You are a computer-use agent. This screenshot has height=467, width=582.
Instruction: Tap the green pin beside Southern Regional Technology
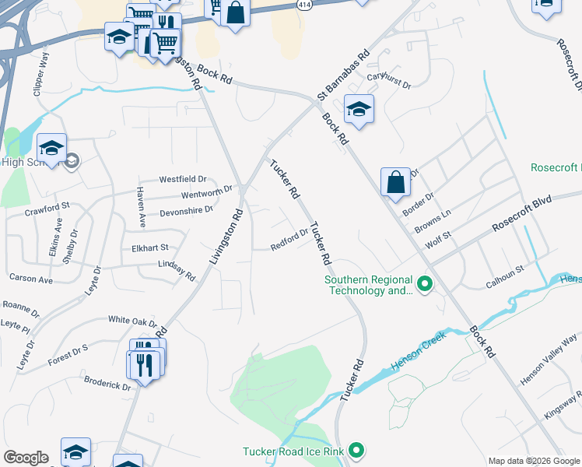425,285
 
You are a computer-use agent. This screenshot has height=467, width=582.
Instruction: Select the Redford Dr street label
289,240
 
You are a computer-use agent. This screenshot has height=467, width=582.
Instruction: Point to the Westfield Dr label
182,179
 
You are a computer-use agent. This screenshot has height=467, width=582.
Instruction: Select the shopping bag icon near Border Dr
395,182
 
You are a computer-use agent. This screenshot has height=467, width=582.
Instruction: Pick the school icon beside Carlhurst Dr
358,109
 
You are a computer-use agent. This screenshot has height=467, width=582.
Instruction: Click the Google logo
26,458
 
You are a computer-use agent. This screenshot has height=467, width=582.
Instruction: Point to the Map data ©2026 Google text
533,460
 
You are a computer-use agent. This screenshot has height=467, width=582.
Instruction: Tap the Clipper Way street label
41,75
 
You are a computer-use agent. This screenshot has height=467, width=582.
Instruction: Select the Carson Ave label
30,278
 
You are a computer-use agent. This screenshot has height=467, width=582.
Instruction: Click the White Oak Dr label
132,321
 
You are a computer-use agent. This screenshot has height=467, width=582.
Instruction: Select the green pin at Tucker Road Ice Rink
356,451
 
